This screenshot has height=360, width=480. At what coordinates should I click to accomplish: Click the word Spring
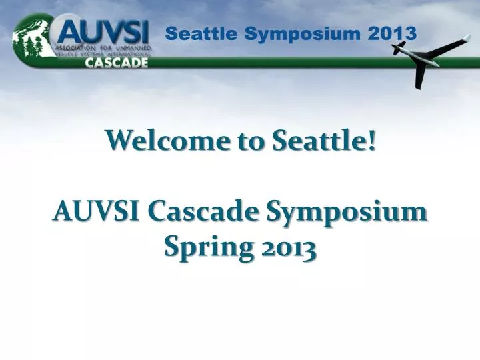(204, 248)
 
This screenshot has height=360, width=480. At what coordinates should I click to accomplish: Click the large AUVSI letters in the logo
(104, 29)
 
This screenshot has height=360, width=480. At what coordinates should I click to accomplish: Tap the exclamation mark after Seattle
(371, 141)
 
